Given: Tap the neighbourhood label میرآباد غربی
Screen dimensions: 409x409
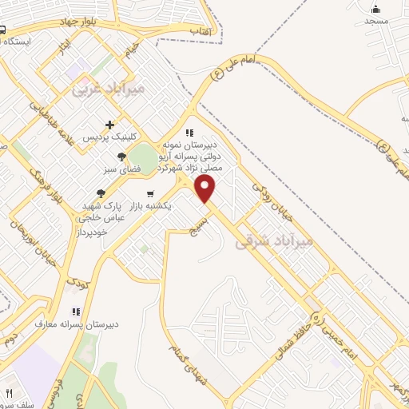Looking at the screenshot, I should (x=109, y=89).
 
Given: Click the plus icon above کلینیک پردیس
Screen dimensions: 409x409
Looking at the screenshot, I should (x=110, y=125).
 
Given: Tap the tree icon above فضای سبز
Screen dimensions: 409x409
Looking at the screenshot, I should (x=121, y=157).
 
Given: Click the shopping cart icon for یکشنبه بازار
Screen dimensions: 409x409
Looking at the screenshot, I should (x=150, y=194).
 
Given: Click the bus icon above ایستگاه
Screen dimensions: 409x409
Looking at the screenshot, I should (x=3, y=30).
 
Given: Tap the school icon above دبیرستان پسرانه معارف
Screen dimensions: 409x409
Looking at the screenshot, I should (x=76, y=312).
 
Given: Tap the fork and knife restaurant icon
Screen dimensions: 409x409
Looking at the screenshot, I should (x=10, y=394).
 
